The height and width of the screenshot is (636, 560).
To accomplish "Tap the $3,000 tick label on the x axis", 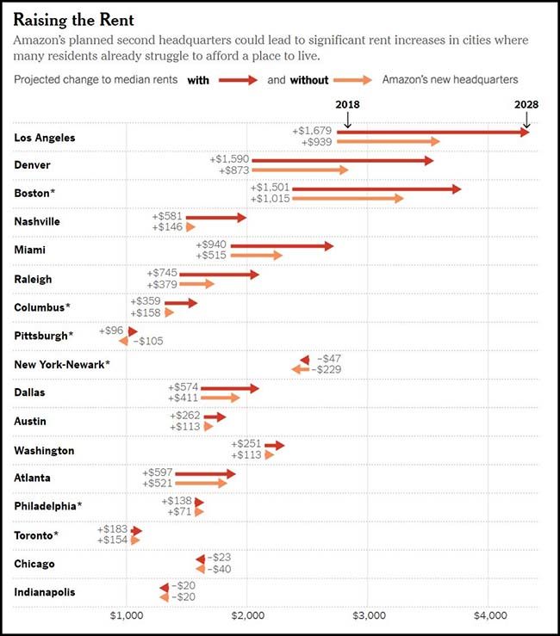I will point(368,616).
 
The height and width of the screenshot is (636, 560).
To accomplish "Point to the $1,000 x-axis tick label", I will point(127,616).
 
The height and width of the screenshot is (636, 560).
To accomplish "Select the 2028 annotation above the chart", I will point(526,104).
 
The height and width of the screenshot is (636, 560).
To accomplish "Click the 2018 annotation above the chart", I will point(347,104).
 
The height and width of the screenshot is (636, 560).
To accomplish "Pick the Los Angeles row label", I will point(45,138).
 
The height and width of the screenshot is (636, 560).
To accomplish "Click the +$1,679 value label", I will point(312,131).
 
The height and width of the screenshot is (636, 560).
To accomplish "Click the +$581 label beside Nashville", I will point(166,216).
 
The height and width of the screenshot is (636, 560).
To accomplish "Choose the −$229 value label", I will point(327,369).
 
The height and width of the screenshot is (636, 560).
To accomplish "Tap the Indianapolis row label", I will point(45,592).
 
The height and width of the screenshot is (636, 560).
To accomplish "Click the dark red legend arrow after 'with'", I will point(239,80).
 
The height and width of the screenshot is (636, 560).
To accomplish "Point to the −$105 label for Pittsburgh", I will point(146,341).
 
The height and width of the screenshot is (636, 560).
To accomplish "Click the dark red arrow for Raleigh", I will point(219,275).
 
